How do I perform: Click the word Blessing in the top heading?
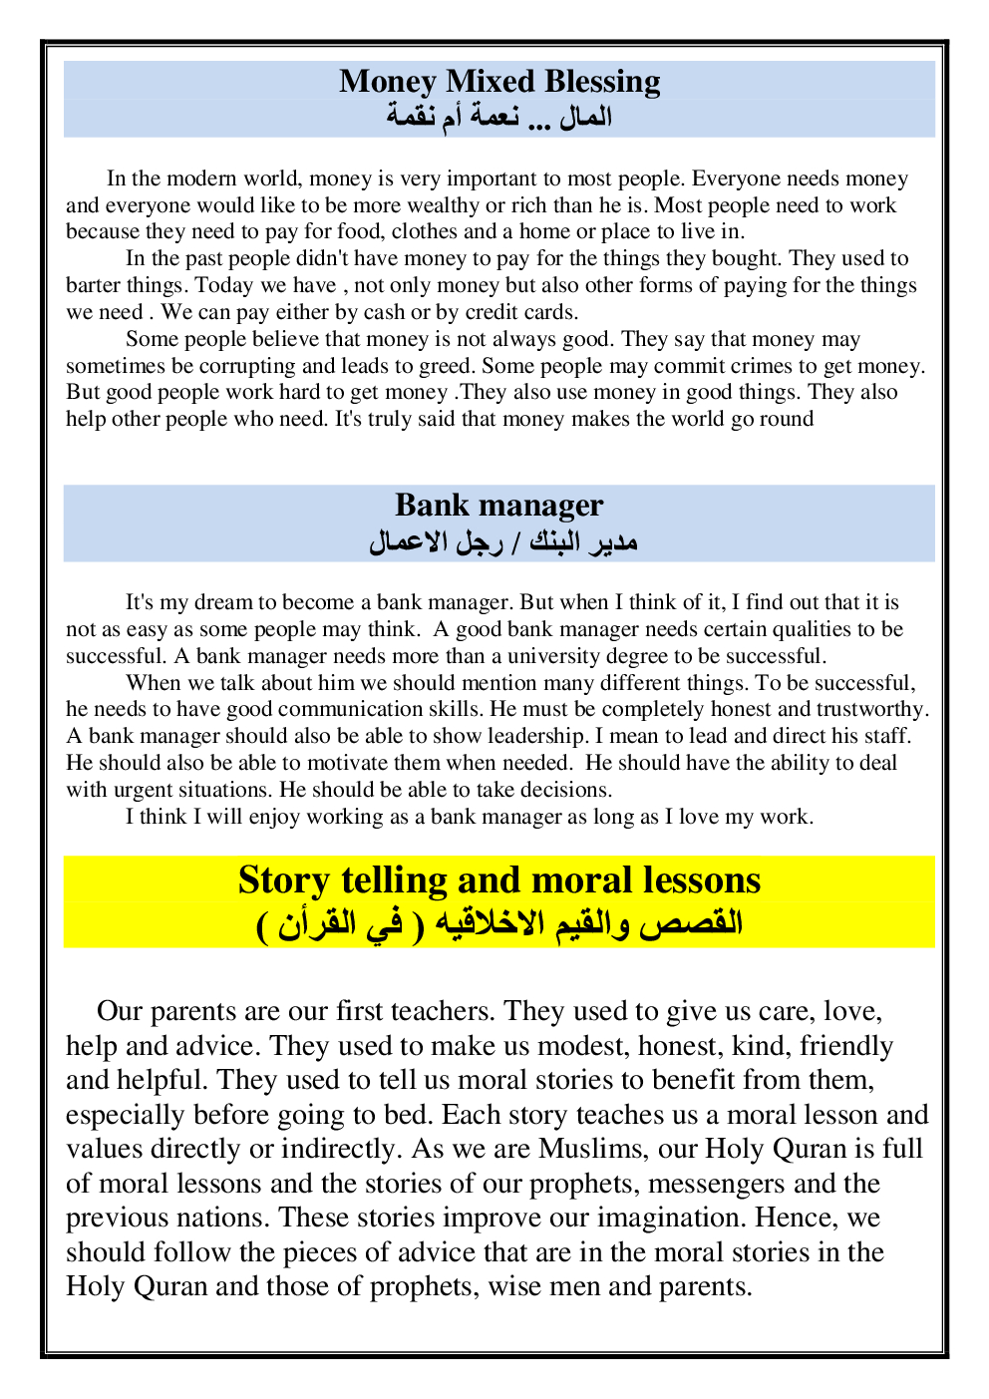tap(602, 82)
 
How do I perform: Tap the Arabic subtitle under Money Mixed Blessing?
tap(498, 118)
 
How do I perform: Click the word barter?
tap(93, 286)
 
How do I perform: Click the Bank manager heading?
tap(498, 505)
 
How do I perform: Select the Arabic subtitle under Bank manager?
tap(502, 542)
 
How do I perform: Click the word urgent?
tap(140, 790)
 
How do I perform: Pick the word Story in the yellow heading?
tap(283, 880)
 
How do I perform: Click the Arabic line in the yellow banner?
tap(498, 923)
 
